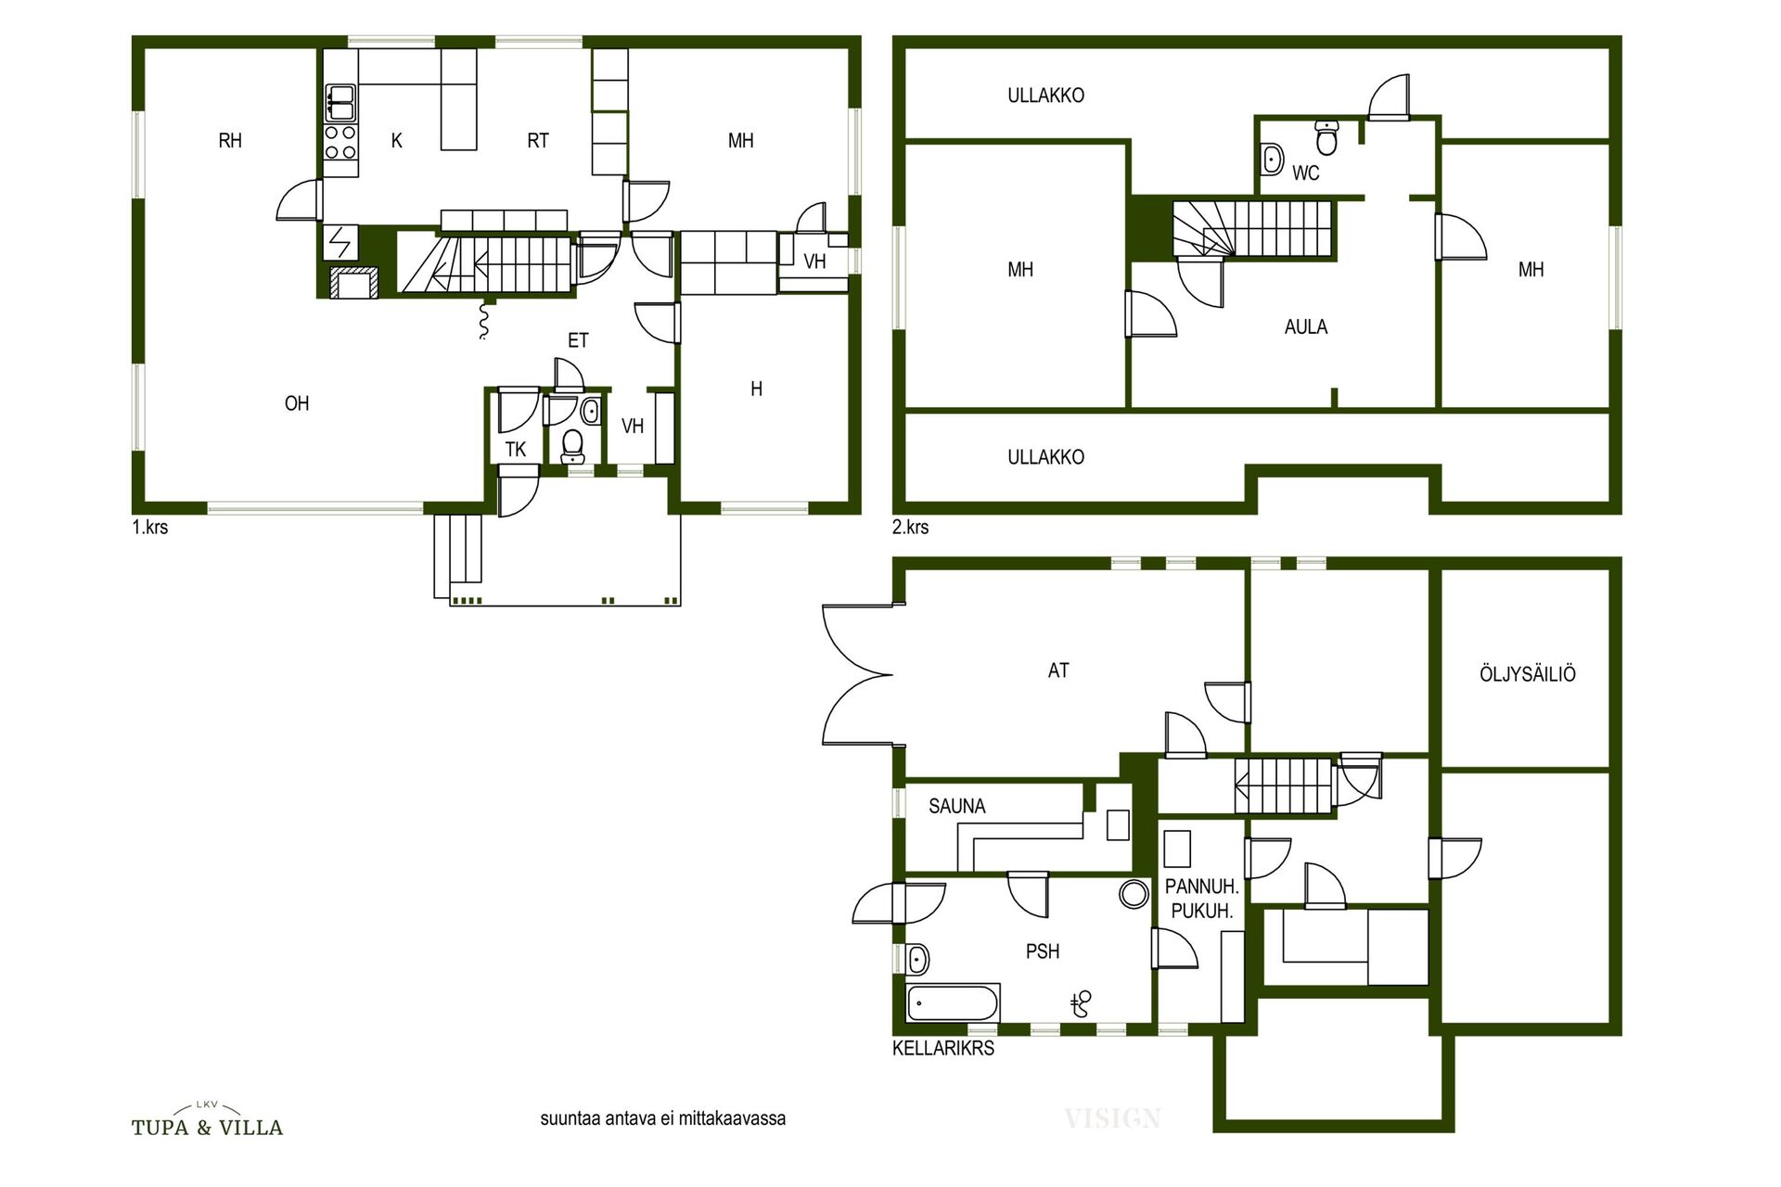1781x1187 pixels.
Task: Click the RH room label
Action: (230, 141)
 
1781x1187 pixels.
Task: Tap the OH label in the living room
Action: (297, 403)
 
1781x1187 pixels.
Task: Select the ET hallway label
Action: (578, 340)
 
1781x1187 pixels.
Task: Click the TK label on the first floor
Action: (516, 450)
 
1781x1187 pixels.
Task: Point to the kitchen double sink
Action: (340, 103)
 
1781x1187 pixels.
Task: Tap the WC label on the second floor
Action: (1305, 173)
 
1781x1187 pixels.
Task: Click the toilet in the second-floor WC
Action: (1327, 137)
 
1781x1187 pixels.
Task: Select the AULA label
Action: (1306, 327)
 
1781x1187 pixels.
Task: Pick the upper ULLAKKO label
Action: (1045, 96)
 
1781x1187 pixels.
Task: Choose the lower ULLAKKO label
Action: (1045, 457)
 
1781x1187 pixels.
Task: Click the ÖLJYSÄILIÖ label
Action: (1528, 674)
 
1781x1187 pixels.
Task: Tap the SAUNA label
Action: (957, 807)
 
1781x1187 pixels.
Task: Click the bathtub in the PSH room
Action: (953, 1003)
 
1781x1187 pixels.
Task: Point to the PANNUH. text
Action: (1202, 887)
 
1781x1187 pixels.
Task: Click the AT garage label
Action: (1058, 670)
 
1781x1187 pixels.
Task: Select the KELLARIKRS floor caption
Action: (943, 1049)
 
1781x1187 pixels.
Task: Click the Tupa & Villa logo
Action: (207, 1120)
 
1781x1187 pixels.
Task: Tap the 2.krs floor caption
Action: (910, 528)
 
